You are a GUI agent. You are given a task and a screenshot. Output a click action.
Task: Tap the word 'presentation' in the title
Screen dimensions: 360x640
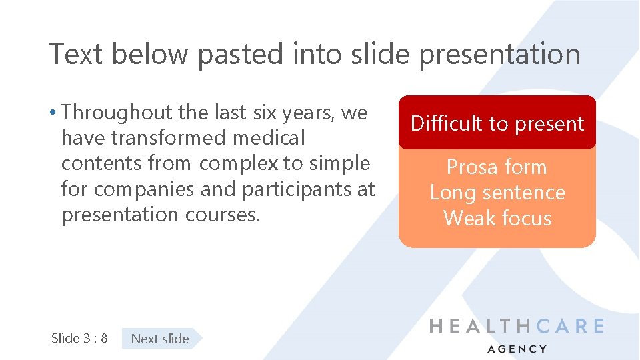(x=499, y=54)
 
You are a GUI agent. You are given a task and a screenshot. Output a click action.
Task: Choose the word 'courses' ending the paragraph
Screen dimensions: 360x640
(x=223, y=215)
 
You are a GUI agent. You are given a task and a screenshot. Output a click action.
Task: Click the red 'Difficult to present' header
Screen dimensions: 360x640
(x=497, y=123)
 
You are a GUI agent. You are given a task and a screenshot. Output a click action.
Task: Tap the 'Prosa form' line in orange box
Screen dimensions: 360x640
(x=497, y=167)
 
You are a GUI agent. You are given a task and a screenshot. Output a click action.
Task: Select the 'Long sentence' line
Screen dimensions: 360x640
(x=497, y=193)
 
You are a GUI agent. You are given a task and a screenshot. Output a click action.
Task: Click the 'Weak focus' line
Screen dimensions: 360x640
(x=497, y=218)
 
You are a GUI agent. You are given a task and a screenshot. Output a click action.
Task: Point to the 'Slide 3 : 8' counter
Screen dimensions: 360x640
(x=79, y=338)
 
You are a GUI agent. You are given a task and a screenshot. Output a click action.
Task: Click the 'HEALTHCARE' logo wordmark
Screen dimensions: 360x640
(x=517, y=326)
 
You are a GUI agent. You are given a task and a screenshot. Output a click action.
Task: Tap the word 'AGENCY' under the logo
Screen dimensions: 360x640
(x=517, y=349)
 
